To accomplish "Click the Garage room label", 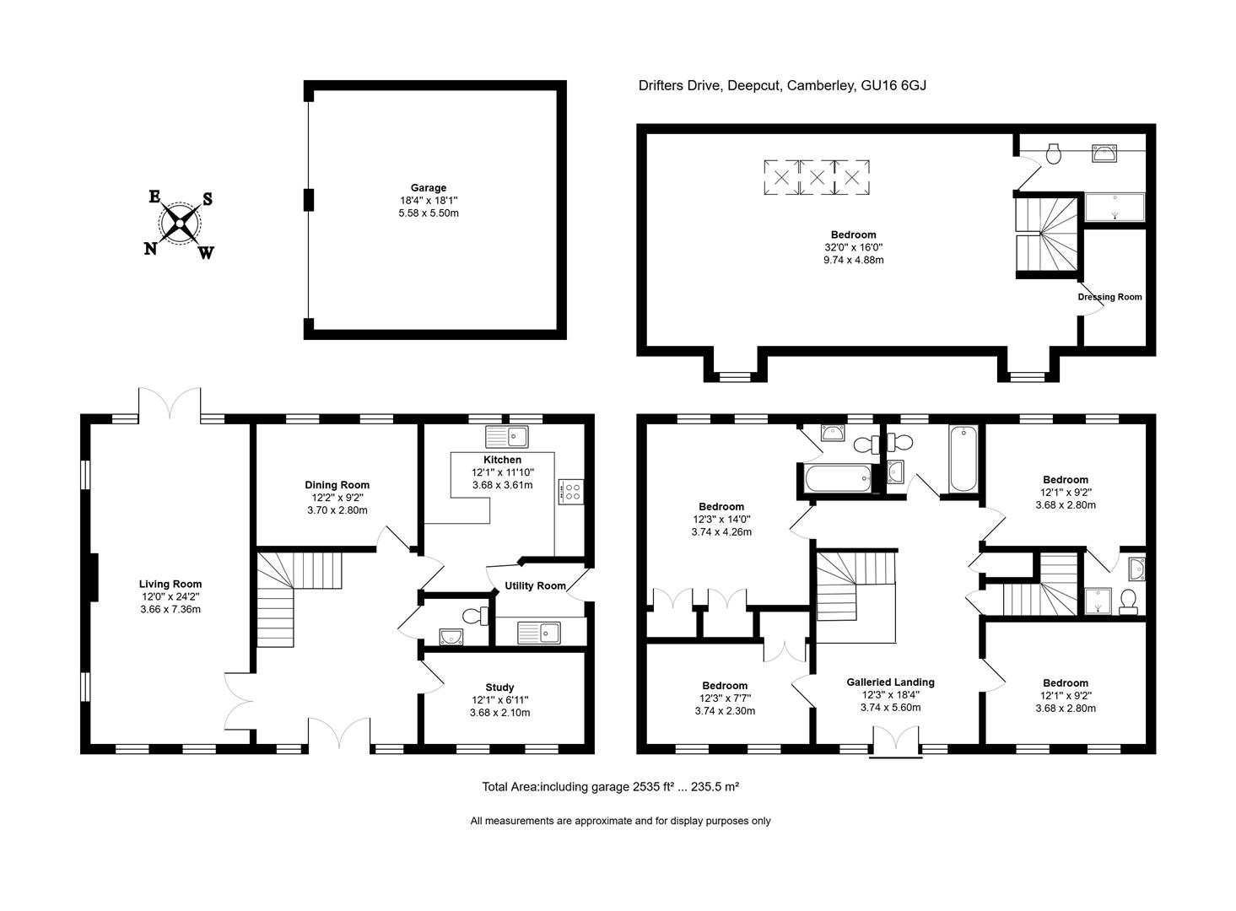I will click(x=429, y=188).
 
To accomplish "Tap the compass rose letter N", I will click(x=151, y=248).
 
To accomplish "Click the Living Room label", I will click(x=170, y=584).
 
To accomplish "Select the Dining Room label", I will click(x=337, y=485).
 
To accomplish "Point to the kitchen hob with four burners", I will click(x=570, y=492).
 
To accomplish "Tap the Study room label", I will click(x=499, y=687).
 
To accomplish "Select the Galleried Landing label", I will click(x=890, y=682).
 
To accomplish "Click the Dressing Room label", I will click(x=1109, y=297).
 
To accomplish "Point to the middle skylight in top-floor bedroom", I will click(x=816, y=178).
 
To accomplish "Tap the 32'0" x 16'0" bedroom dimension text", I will click(x=853, y=247).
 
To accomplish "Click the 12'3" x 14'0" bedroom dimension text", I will click(x=721, y=520).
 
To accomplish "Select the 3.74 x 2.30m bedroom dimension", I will click(x=724, y=711).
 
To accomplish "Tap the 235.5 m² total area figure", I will click(x=715, y=786).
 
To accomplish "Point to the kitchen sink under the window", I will click(x=506, y=437).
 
